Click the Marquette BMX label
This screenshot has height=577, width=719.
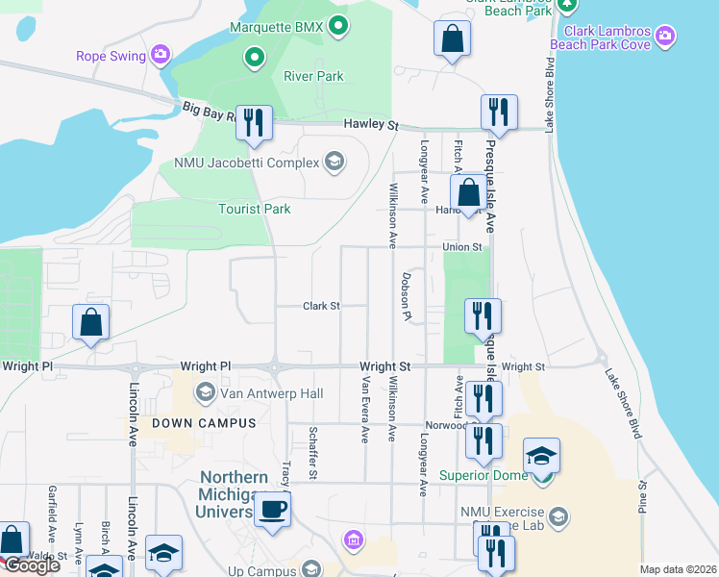point(275,27)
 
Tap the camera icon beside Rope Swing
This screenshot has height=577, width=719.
point(161,54)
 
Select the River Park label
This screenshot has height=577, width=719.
point(313,76)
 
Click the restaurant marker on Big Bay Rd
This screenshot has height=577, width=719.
point(254,123)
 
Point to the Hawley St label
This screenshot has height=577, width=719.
point(372,125)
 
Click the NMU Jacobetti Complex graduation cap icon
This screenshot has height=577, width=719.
point(334,161)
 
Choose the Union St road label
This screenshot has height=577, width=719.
point(461,247)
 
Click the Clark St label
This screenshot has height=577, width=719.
point(322,306)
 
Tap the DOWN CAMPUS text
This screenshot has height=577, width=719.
point(203,423)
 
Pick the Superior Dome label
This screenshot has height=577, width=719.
point(483,475)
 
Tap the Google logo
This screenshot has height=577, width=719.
point(32,565)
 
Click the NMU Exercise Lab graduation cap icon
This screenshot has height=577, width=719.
point(558,517)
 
